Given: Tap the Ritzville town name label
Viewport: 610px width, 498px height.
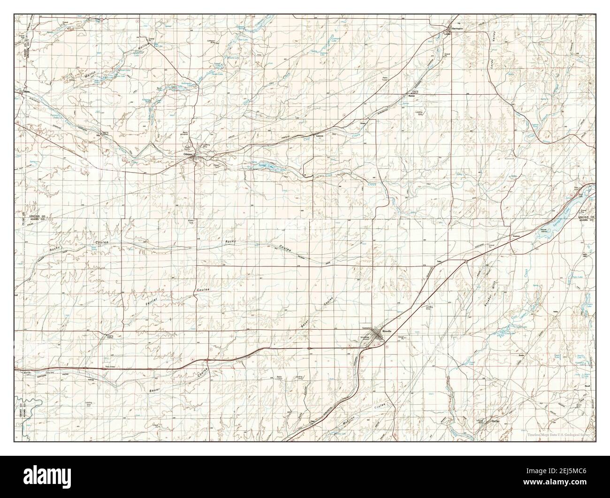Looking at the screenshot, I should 387,332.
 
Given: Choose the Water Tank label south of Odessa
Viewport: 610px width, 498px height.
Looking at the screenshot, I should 191,222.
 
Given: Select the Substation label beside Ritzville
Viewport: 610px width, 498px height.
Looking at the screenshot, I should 367,328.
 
